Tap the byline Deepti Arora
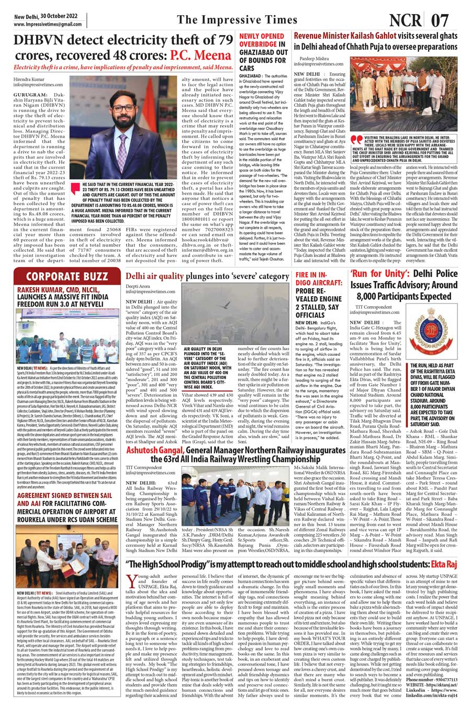[x=138, y=287]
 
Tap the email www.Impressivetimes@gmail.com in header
[x=49, y=24]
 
